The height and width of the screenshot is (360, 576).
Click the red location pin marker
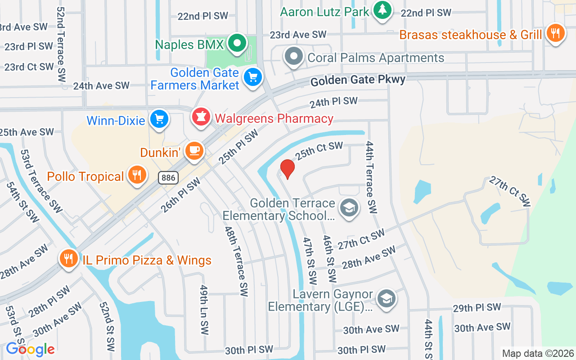pos(287,169)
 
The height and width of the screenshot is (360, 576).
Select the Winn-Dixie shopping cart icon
pos(159,119)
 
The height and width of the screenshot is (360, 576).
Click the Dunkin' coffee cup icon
pos(194,151)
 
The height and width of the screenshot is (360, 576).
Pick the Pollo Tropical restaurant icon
pos(137,175)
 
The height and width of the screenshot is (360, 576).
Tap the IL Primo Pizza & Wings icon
pos(68,258)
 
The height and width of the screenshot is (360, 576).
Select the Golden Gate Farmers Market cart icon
pos(252,77)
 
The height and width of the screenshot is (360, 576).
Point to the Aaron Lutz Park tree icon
pos(382,10)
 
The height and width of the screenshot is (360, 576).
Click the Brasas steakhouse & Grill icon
pos(556,33)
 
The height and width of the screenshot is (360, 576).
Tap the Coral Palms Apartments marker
pos(294,57)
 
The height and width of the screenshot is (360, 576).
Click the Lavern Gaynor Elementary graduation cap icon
pos(386,299)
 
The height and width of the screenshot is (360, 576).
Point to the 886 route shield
pos(168,178)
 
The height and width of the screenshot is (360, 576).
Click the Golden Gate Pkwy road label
pos(358,80)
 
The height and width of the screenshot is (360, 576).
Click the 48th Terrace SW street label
pos(237,261)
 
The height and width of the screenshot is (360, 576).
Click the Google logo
pos(30,349)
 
